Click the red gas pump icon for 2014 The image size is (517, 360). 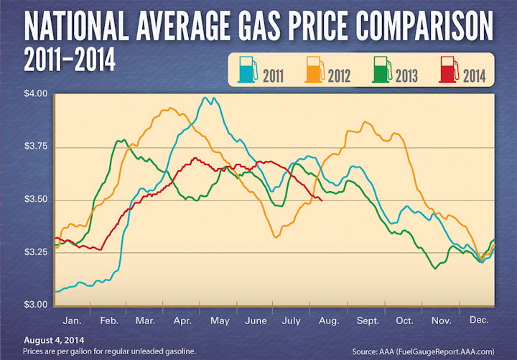[445, 70]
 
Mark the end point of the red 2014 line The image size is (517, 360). [322, 201]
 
